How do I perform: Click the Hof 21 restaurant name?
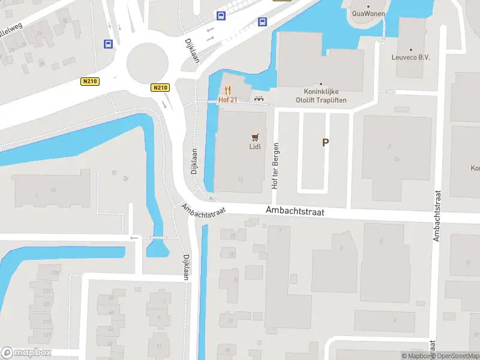[x=228, y=100]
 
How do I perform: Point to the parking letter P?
[x=326, y=143]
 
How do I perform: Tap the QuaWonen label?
[x=368, y=13]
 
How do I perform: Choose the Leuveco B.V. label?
[x=411, y=58]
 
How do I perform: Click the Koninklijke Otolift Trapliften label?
[x=321, y=97]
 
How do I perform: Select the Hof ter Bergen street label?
[x=276, y=166]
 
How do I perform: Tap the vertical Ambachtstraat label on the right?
[x=437, y=216]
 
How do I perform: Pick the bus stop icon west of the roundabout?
[x=109, y=44]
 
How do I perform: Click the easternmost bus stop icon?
[x=262, y=22]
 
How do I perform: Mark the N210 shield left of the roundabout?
[x=89, y=81]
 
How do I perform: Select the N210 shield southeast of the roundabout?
[x=160, y=88]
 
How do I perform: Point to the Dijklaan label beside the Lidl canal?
[x=194, y=162]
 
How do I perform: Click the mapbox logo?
[x=26, y=353]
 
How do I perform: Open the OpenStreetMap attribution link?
[x=454, y=356]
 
